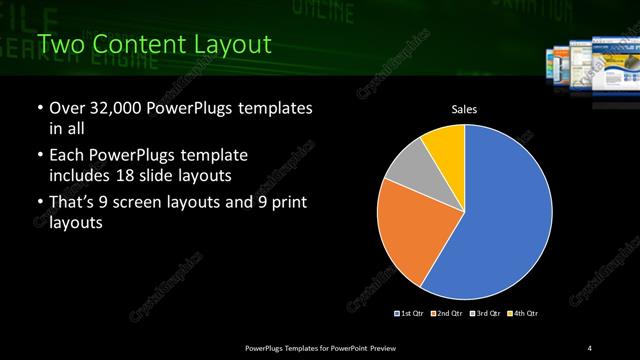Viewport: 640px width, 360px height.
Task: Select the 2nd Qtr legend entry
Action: [x=447, y=314]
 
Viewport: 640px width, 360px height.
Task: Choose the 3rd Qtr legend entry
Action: [x=484, y=314]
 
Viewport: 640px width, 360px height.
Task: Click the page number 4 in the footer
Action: [x=590, y=347]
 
